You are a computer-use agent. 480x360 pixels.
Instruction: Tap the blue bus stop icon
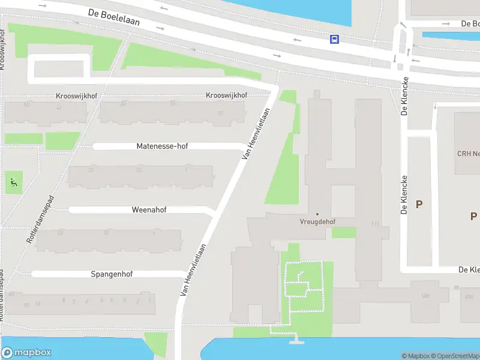(334, 40)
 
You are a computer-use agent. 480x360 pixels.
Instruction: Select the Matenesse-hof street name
(162, 146)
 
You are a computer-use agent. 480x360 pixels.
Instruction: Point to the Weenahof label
(149, 210)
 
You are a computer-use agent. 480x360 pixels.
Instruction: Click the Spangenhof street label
(112, 274)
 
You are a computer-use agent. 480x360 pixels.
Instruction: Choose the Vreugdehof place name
(317, 221)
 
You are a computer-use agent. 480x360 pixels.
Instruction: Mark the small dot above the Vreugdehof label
(317, 214)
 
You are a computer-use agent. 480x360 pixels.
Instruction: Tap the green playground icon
(13, 181)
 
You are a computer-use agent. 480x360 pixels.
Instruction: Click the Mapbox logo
(26, 353)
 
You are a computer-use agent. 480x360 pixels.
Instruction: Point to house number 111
(376, 224)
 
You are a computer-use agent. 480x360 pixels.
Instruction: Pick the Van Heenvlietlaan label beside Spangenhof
(194, 269)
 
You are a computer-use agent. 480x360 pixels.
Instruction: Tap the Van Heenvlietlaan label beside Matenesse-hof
(254, 133)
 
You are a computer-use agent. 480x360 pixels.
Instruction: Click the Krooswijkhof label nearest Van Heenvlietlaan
(226, 95)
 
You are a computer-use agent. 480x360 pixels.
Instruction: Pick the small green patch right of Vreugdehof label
(343, 232)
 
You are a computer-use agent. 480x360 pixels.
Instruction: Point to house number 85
(457, 288)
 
